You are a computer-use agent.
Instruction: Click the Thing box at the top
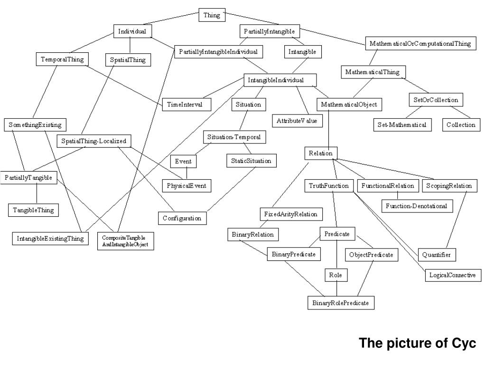pos(212,15)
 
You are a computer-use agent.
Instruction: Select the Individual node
pos(132,31)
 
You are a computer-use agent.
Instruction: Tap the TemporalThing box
pos(62,59)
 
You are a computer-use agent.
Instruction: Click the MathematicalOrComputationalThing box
pos(420,43)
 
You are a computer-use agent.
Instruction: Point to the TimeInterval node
pos(185,105)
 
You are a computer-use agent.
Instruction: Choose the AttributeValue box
pos(297,121)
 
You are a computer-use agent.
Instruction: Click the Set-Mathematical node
pos(402,125)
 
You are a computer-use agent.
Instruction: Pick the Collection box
pos(460,125)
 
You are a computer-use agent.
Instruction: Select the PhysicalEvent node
pos(187,185)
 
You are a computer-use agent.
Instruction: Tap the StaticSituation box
pos(251,161)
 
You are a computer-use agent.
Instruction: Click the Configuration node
pos(182,218)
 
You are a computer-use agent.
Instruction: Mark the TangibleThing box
pos(33,210)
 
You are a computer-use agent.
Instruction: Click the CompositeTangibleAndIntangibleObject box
pos(125,241)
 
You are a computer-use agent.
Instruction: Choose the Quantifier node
pos(437,255)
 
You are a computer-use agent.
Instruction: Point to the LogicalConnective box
pos(452,275)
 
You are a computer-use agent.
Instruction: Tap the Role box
pos(336,275)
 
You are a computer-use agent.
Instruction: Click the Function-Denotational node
pos(417,206)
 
